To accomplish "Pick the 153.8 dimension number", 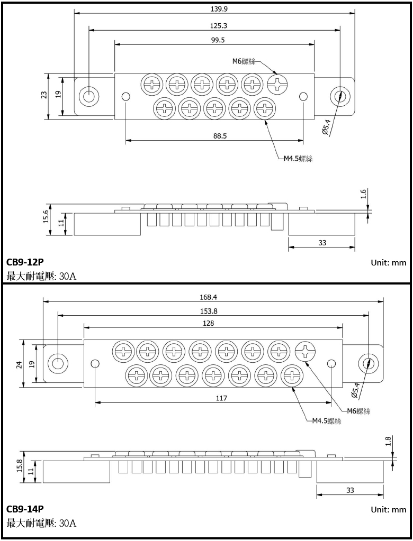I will [213, 311].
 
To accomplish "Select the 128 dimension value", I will [213, 323].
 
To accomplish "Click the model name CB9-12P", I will [25, 262].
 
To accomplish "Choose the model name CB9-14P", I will [25, 509].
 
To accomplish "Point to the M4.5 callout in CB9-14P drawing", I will [326, 421].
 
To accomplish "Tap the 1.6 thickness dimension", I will [364, 194].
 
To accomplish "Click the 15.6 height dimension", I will [45, 217].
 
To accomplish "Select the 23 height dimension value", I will [44, 95].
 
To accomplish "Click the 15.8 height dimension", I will [20, 465].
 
